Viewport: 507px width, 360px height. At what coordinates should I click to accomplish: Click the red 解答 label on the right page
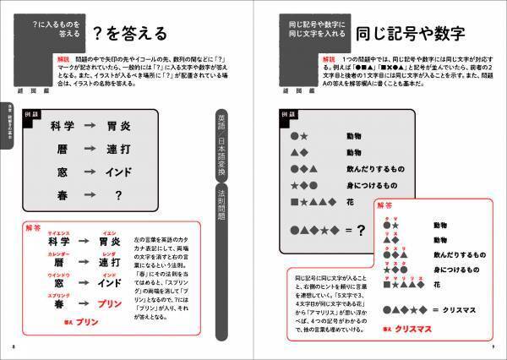[385, 205]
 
